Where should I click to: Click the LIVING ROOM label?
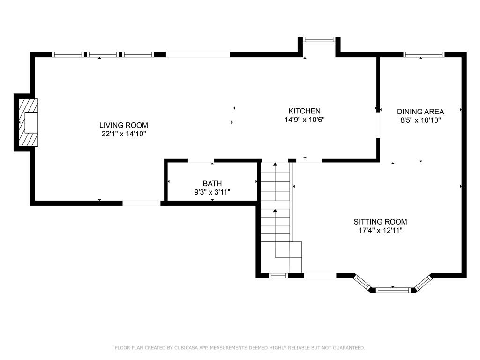click(x=124, y=125)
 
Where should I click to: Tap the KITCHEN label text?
click(x=305, y=111)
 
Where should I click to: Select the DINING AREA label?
click(x=420, y=112)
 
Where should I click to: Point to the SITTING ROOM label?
click(x=381, y=222)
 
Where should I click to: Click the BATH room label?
click(x=212, y=183)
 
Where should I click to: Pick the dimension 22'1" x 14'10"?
click(x=124, y=134)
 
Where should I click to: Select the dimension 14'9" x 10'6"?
click(x=305, y=120)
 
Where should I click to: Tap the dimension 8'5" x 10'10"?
click(x=420, y=120)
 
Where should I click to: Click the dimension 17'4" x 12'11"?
click(x=381, y=231)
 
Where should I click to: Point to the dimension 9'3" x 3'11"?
click(x=212, y=192)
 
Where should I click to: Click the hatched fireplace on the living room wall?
click(x=28, y=122)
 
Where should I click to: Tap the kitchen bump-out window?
click(x=319, y=39)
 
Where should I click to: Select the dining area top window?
click(x=424, y=55)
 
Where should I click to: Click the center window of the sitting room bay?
click(x=393, y=290)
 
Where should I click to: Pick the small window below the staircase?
click(x=278, y=276)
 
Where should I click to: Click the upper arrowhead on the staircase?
click(x=275, y=165)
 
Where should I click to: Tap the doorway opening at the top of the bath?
click(x=201, y=161)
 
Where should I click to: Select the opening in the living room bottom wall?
click(x=142, y=203)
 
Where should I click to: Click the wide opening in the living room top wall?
click(x=198, y=55)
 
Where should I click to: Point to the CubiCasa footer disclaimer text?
click(x=240, y=348)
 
